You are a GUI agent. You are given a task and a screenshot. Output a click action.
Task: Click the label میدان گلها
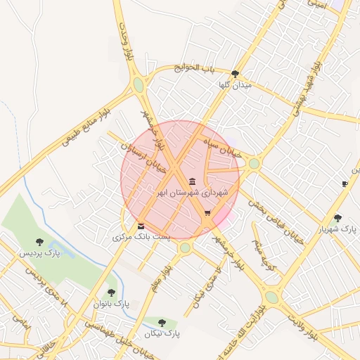(x=235, y=84)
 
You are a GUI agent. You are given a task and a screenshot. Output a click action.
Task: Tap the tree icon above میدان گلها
(x=235, y=73)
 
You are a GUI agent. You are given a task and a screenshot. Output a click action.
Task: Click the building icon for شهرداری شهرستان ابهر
(x=193, y=181)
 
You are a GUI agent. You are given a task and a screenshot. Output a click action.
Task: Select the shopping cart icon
(x=207, y=213)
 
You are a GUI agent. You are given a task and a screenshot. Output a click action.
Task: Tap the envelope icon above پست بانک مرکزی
(x=141, y=226)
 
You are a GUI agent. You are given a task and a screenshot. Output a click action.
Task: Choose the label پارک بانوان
(x=111, y=304)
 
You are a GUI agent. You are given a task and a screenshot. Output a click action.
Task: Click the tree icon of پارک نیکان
(x=162, y=323)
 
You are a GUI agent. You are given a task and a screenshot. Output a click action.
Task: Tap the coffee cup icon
(x=345, y=184)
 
